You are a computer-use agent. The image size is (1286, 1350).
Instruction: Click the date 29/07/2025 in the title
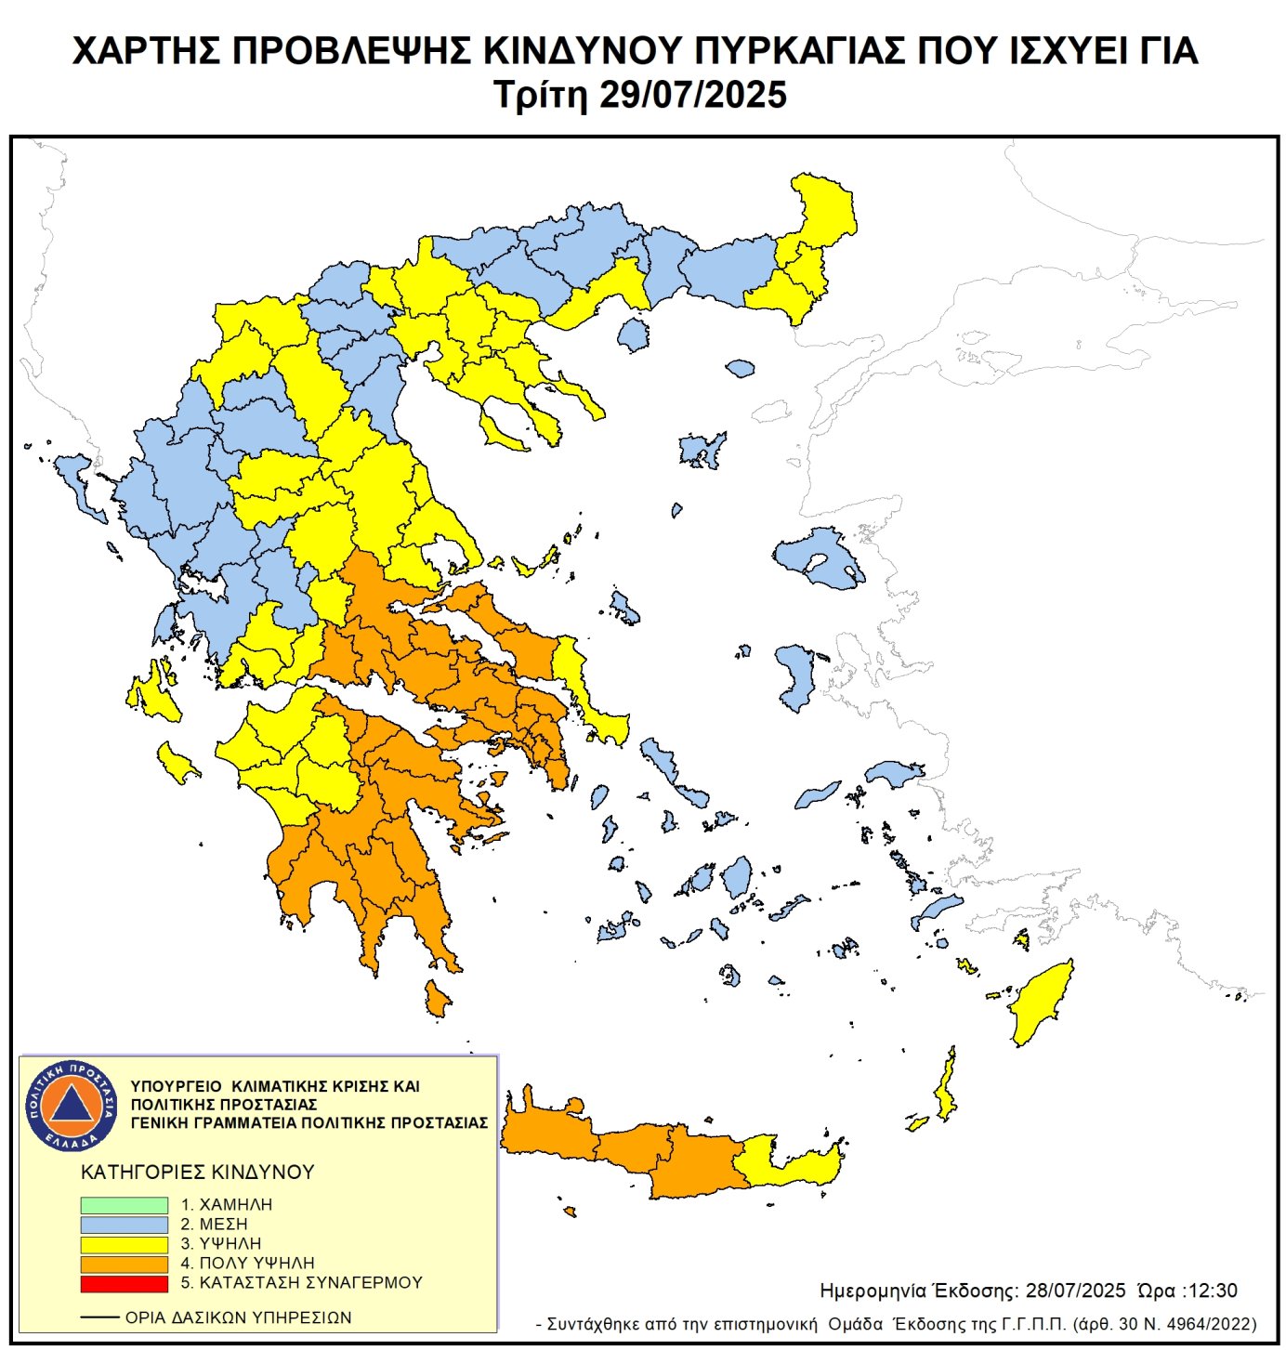tap(692, 95)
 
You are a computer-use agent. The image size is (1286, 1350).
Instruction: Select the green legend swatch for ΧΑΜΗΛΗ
tap(124, 1205)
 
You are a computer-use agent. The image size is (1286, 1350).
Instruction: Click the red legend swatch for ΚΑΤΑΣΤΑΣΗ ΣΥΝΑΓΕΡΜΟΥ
tap(124, 1283)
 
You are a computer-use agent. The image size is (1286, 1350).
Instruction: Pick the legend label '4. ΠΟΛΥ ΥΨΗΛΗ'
tap(247, 1264)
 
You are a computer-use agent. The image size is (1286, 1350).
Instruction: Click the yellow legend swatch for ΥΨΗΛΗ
tap(124, 1244)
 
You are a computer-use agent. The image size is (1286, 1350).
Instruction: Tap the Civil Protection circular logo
tap(72, 1105)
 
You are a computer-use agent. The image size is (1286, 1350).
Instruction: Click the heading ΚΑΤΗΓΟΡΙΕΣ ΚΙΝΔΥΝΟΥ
tap(197, 1173)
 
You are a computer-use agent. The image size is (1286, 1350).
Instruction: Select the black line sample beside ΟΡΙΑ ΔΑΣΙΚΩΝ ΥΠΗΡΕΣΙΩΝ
tap(99, 1317)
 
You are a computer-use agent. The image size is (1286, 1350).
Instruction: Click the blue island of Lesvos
tap(822, 557)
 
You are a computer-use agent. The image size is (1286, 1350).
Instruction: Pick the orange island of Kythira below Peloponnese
tap(436, 999)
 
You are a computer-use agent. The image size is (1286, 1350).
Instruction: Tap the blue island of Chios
tap(795, 675)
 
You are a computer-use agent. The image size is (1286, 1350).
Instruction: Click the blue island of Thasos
tap(634, 334)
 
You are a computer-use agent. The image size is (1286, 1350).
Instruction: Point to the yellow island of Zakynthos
tap(176, 763)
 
